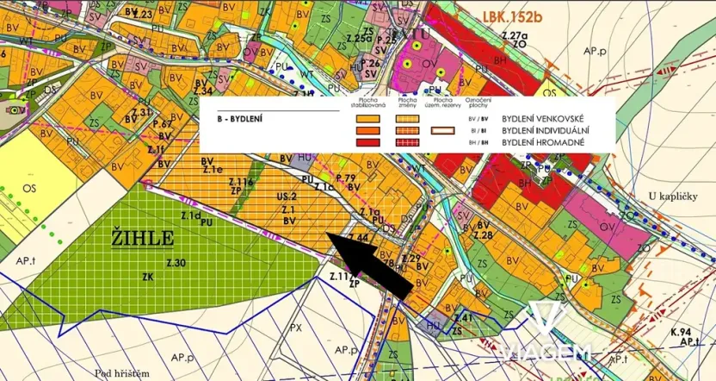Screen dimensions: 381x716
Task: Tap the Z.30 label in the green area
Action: coord(176,262)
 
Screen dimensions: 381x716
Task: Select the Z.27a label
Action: coord(515,35)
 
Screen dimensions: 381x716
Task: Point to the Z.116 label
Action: coord(241,183)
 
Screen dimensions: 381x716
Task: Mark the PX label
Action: coord(295,328)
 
